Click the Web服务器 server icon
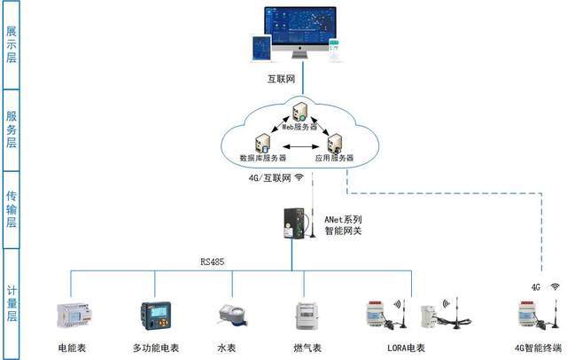[299, 112]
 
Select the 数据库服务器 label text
[263, 158]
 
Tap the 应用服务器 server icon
[335, 144]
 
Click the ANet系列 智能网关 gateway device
[294, 223]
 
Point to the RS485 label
[213, 262]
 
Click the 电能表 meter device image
[74, 315]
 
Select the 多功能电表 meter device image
[156, 316]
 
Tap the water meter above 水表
[233, 316]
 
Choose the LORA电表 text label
[406, 348]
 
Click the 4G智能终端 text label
[538, 348]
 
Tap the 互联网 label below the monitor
[281, 79]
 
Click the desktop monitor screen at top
[300, 26]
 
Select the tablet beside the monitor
[261, 49]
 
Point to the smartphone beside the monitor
[334, 50]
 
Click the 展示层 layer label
[12, 44]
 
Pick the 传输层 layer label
[12, 209]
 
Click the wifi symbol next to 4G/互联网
[299, 177]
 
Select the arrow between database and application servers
[301, 146]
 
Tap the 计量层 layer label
[12, 303]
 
